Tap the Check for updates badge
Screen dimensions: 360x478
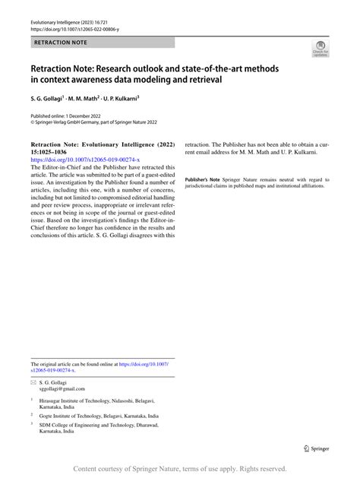pyautogui.click(x=321, y=50)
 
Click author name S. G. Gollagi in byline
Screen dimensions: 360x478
pyautogui.click(x=52, y=99)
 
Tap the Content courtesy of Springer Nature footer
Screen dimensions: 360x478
pyautogui.click(x=180, y=469)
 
